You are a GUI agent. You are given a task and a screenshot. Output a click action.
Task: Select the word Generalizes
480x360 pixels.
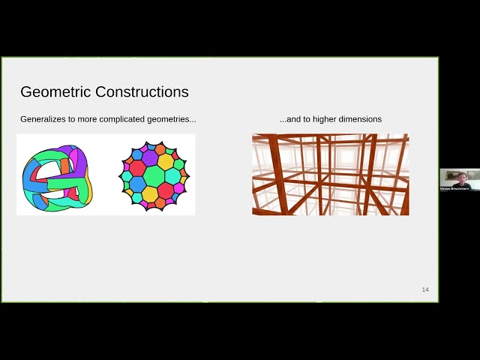[x=43, y=119]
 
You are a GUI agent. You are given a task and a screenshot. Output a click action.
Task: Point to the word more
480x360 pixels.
[x=88, y=119]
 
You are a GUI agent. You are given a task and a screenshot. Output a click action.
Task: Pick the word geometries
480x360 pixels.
[x=174, y=119]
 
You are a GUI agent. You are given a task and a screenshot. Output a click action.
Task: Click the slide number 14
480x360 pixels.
[x=425, y=289]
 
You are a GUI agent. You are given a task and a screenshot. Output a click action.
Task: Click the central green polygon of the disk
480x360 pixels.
[x=154, y=176]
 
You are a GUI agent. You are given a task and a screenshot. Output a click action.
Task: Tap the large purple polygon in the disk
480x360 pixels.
[x=150, y=158]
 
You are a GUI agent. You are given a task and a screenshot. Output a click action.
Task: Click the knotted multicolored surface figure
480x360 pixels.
[x=55, y=177]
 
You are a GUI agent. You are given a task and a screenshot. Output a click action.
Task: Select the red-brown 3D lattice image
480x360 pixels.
[x=330, y=175]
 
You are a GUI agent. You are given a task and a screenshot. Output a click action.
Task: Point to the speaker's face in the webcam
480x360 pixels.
[x=459, y=178]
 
